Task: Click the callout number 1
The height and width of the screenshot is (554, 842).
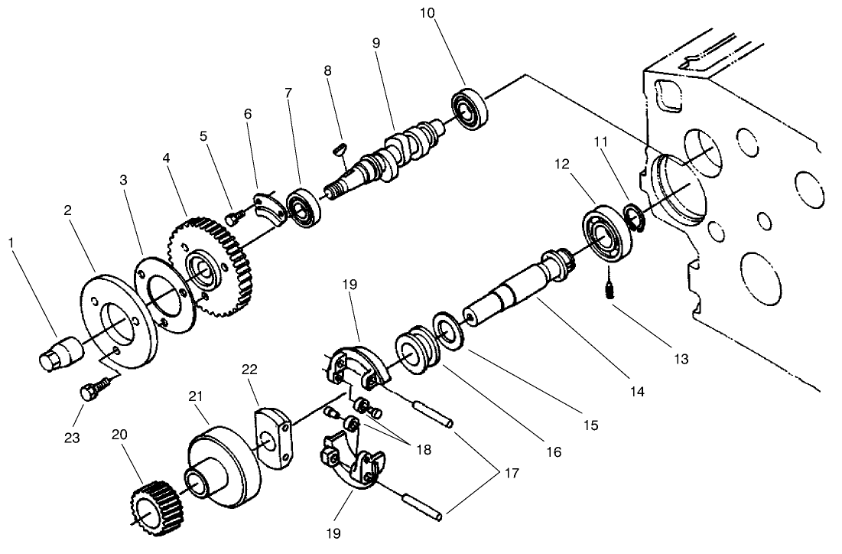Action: click(x=11, y=243)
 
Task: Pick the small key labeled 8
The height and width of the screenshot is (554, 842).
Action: click(x=342, y=150)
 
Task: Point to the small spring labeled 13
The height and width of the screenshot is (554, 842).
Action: click(x=610, y=290)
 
